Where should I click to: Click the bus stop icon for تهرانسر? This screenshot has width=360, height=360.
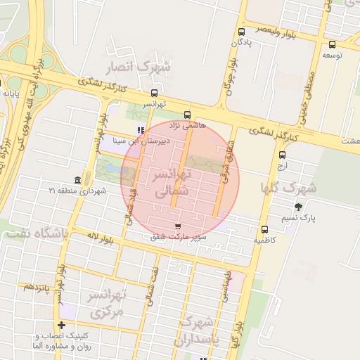click(x=154, y=93)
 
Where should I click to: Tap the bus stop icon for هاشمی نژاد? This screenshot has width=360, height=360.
click(x=187, y=115)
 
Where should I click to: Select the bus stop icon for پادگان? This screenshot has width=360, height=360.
click(x=242, y=32)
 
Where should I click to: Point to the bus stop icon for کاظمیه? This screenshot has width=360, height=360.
click(x=265, y=229)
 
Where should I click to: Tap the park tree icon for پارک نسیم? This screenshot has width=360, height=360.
click(x=299, y=207)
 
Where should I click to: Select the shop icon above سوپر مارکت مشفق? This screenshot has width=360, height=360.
click(x=176, y=226)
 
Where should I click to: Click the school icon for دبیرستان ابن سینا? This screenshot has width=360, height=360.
click(x=141, y=130)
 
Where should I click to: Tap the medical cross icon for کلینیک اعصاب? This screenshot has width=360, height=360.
click(x=63, y=326)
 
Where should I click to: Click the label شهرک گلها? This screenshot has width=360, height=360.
click(x=289, y=187)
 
